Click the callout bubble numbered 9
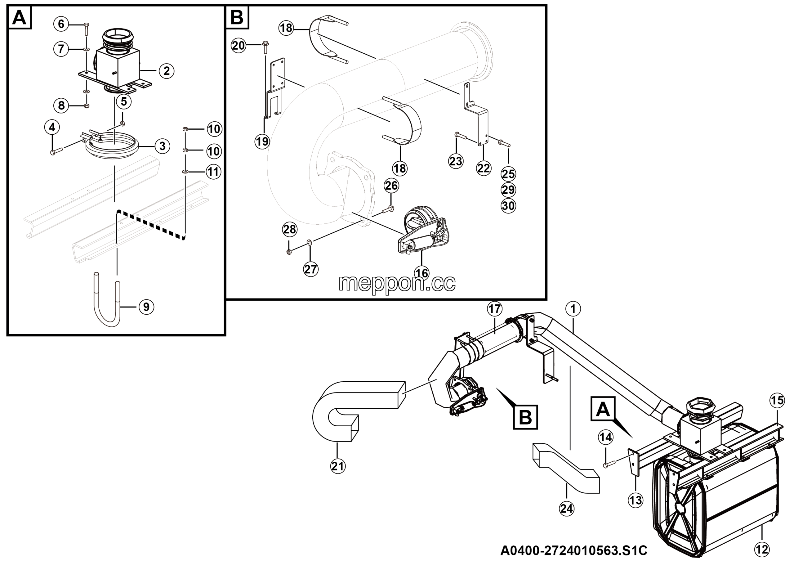pos(146,307)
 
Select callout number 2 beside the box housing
pos(167,71)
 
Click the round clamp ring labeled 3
pos(111,147)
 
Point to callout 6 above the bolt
pos(61,24)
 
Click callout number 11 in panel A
pos(213,172)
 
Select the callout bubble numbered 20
pos(238,45)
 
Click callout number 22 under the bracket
pos(484,168)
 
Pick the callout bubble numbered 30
pos(508,206)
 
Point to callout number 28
pos(290,229)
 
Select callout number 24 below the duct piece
pos(566,509)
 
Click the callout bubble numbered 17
pos(494,308)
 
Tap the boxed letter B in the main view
pos(525,417)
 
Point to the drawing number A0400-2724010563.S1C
pos(574,550)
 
